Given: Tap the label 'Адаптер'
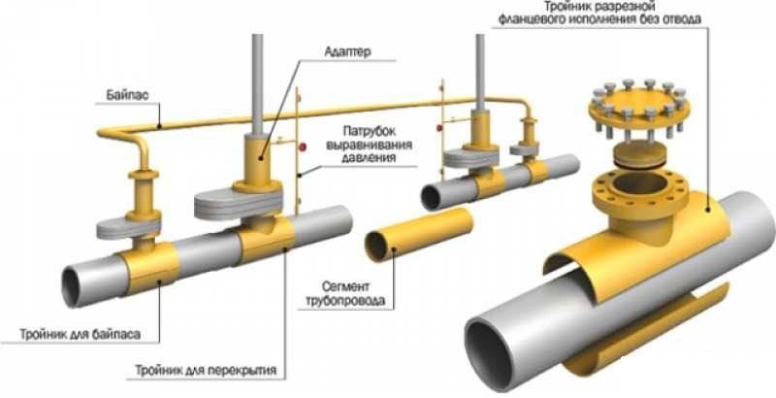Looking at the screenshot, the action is click(347, 51).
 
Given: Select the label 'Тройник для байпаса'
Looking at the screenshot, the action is click(80, 334).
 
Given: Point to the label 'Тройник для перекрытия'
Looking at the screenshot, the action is click(206, 370).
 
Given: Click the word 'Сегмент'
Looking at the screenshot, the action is click(345, 286).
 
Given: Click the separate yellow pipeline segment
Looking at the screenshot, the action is click(419, 234).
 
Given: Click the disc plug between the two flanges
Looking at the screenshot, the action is click(638, 154).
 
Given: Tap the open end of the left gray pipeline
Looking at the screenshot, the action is click(71, 286).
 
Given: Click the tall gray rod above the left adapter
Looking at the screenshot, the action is click(257, 85).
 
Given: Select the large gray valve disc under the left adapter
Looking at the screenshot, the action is click(238, 204).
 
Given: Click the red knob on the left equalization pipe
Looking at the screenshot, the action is click(304, 147).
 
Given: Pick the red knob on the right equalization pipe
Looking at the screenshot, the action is click(439, 128).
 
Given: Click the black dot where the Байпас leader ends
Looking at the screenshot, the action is click(159, 126).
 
